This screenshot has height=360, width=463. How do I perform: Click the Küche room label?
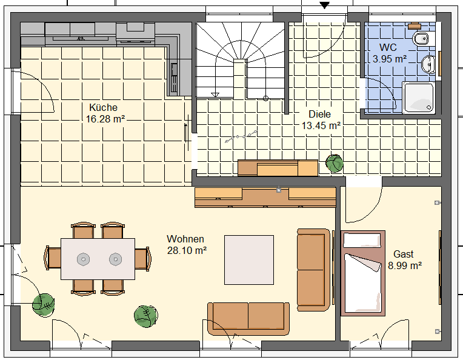pyautogui.click(x=104, y=107)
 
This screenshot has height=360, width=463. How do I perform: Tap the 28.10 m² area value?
pyautogui.click(x=187, y=250)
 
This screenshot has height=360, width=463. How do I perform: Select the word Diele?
pyautogui.click(x=320, y=114)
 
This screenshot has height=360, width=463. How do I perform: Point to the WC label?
pyautogui.click(x=388, y=47)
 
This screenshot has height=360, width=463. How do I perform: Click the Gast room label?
pyautogui.click(x=404, y=254)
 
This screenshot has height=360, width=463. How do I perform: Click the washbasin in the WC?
pyautogui.click(x=428, y=64)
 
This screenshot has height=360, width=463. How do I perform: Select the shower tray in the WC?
pyautogui.click(x=419, y=98)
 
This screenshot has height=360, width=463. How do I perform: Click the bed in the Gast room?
pyautogui.click(x=363, y=273)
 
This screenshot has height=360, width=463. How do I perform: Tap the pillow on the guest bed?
pyautogui.click(x=362, y=241)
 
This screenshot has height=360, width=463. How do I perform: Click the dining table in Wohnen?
pyautogui.click(x=98, y=259)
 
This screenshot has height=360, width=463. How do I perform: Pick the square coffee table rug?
pyautogui.click(x=249, y=260)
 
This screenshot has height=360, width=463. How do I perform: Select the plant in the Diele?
pyautogui.click(x=335, y=163)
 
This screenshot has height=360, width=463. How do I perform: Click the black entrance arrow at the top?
pyautogui.click(x=324, y=5)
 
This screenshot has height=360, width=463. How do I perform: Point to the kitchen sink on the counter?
pyautogui.click(x=174, y=78)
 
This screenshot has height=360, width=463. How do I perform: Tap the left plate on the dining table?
pyautogui.click(x=83, y=259)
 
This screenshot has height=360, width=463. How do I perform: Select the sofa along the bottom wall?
pyautogui.click(x=248, y=318)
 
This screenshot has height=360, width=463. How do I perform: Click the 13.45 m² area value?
pyautogui.click(x=321, y=126)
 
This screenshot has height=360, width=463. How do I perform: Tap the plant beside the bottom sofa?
pyautogui.click(x=146, y=316)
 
